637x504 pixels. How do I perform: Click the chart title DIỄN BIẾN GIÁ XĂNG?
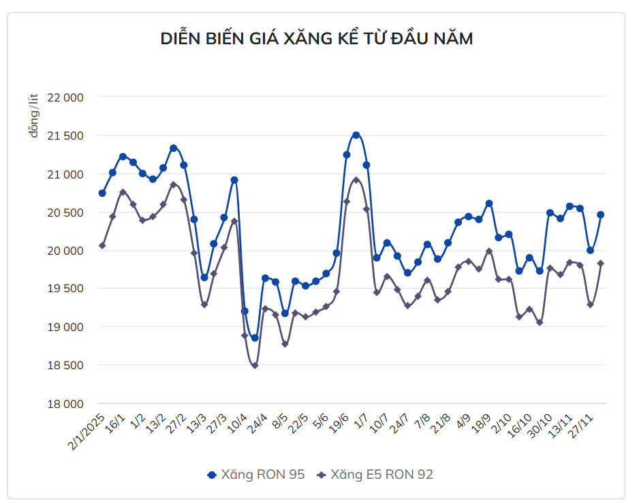(316, 39)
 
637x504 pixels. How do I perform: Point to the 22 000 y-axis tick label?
(64, 97)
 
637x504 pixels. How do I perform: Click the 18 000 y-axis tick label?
(64, 404)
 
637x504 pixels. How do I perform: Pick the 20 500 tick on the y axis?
(64, 212)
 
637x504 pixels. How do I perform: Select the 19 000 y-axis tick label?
(64, 327)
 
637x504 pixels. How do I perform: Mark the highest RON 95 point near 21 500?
(356, 135)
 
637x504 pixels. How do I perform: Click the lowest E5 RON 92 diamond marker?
(255, 366)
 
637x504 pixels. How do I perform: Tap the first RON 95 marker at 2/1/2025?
(102, 193)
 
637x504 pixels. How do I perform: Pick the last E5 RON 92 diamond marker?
(601, 264)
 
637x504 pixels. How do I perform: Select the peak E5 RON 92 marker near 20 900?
(356, 180)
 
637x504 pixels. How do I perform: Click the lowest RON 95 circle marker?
(255, 338)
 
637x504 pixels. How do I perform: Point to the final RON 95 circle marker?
(601, 215)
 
